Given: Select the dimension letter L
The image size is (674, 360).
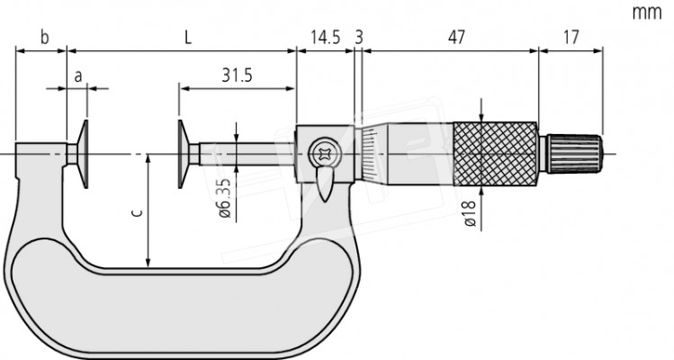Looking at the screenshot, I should pos(186,37).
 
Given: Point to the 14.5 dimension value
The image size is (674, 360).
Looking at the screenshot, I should pos(325,37).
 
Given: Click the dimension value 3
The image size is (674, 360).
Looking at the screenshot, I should pos(359,37).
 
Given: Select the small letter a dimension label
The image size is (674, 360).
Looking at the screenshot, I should pos(79,76).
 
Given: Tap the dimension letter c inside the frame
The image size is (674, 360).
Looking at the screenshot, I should pos(136,213).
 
